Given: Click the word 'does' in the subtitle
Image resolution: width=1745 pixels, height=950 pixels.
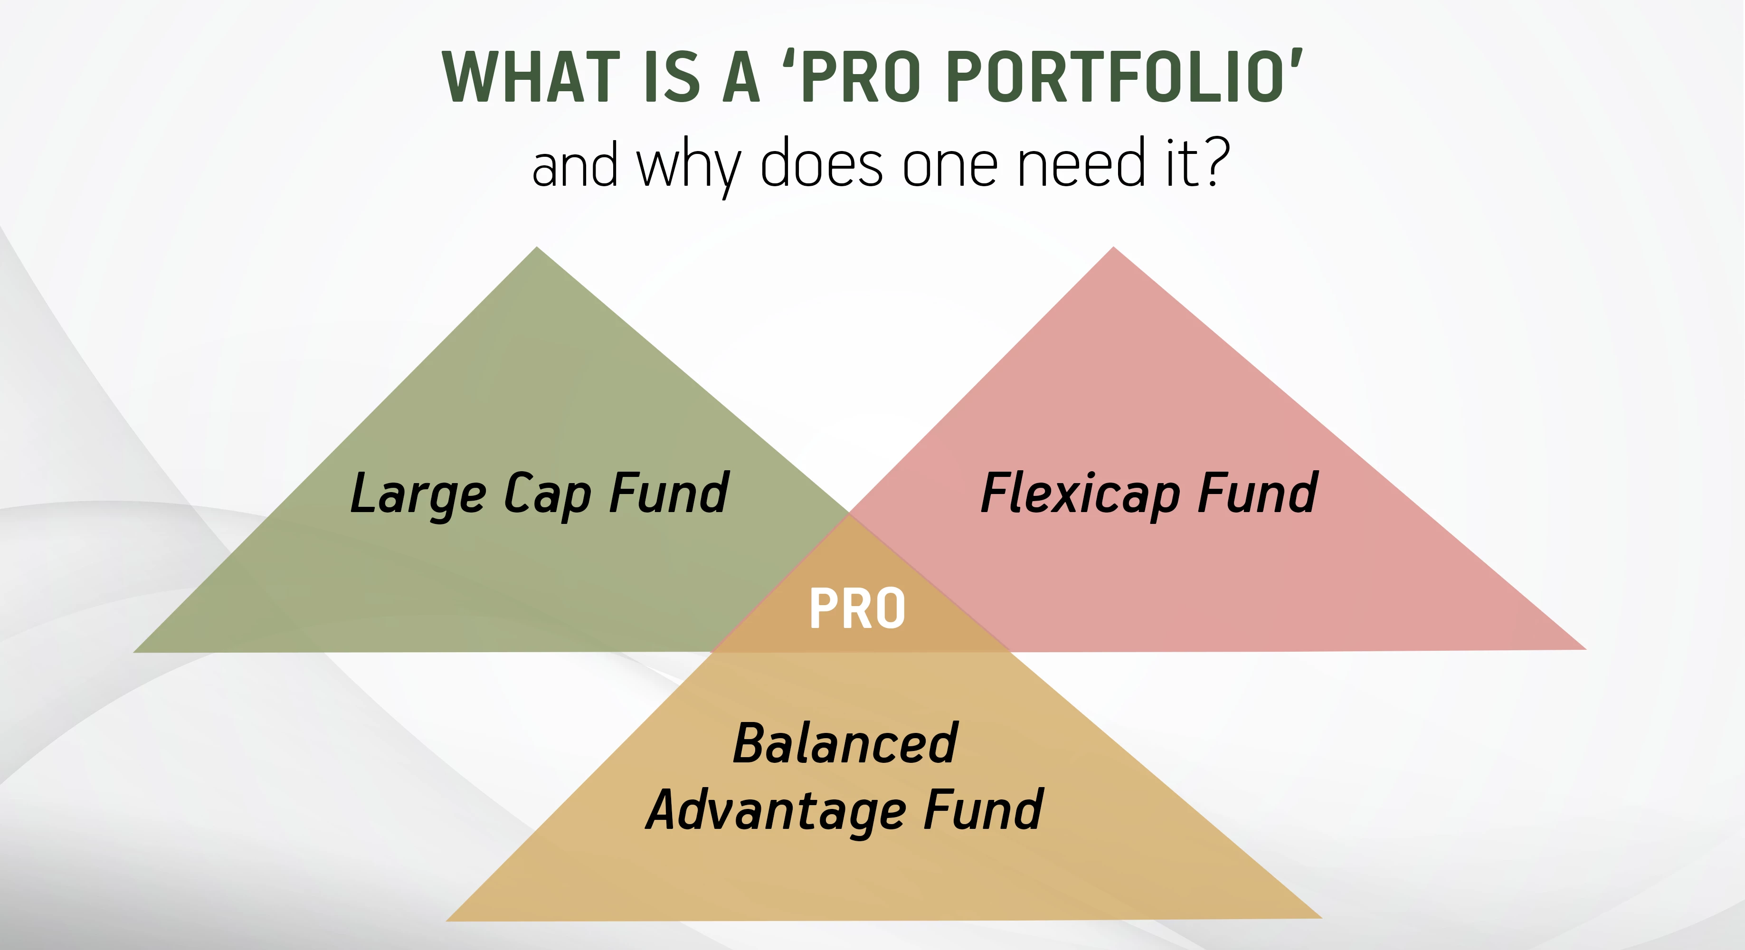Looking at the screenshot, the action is (822, 162).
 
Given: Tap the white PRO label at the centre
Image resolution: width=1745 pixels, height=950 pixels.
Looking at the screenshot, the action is (858, 608).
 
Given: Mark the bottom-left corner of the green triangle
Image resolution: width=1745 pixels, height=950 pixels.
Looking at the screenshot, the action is (133, 652).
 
